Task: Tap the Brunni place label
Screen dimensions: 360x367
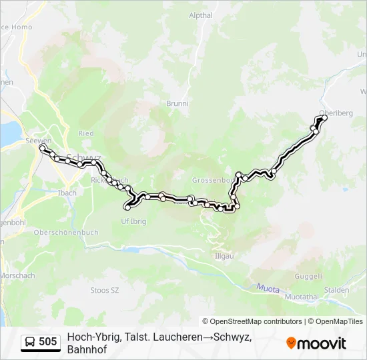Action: (x=177, y=103)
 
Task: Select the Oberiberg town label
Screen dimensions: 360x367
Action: (x=336, y=113)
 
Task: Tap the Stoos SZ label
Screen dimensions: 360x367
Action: (x=104, y=290)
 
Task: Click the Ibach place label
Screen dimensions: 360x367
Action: (x=67, y=193)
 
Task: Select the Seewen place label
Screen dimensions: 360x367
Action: (x=39, y=141)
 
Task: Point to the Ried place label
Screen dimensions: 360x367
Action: (x=86, y=133)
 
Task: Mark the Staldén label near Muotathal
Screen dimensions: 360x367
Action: (x=336, y=290)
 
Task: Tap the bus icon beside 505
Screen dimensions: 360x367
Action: (x=31, y=342)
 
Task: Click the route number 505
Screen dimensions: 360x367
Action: (x=48, y=342)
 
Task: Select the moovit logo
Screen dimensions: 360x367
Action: (x=316, y=343)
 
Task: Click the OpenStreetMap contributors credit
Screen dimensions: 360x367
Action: (x=252, y=321)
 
